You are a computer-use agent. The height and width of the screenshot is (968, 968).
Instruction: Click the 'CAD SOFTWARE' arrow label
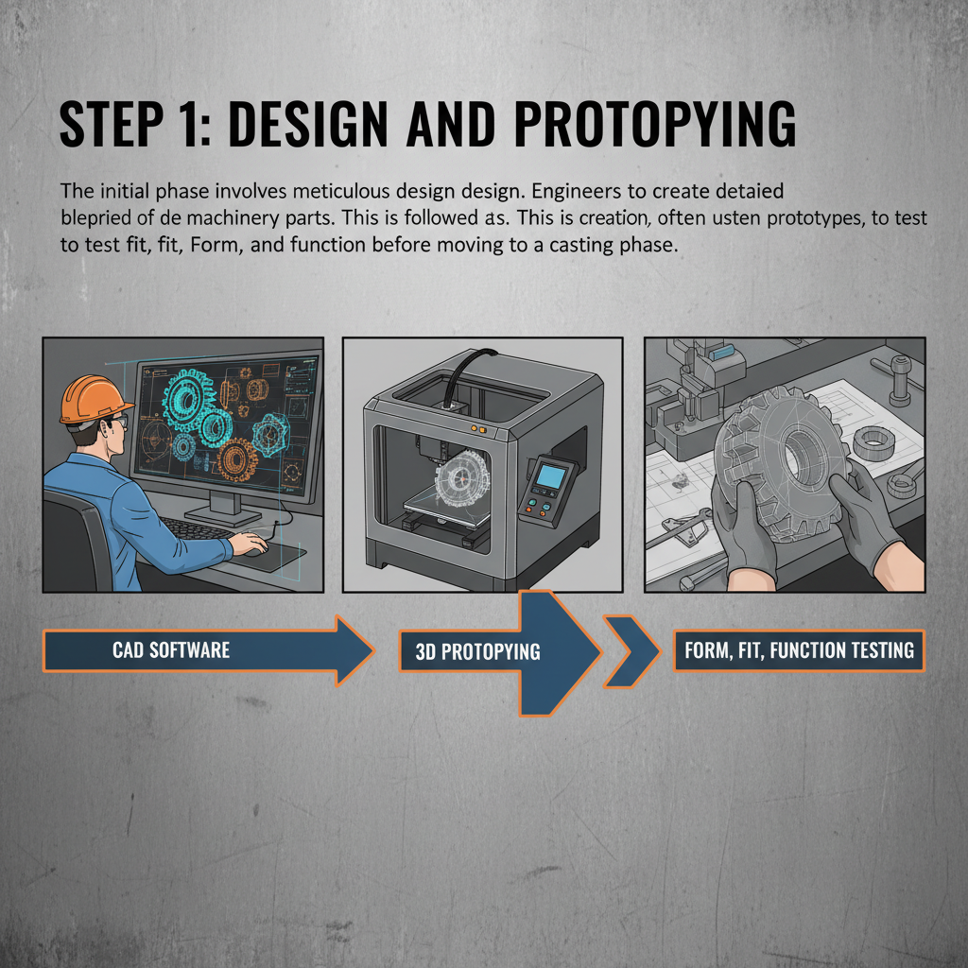coord(171,650)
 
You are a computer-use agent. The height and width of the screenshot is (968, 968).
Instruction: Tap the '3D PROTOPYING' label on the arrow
coord(477,651)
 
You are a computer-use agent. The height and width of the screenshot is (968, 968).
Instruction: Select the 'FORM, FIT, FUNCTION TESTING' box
coord(798,650)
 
